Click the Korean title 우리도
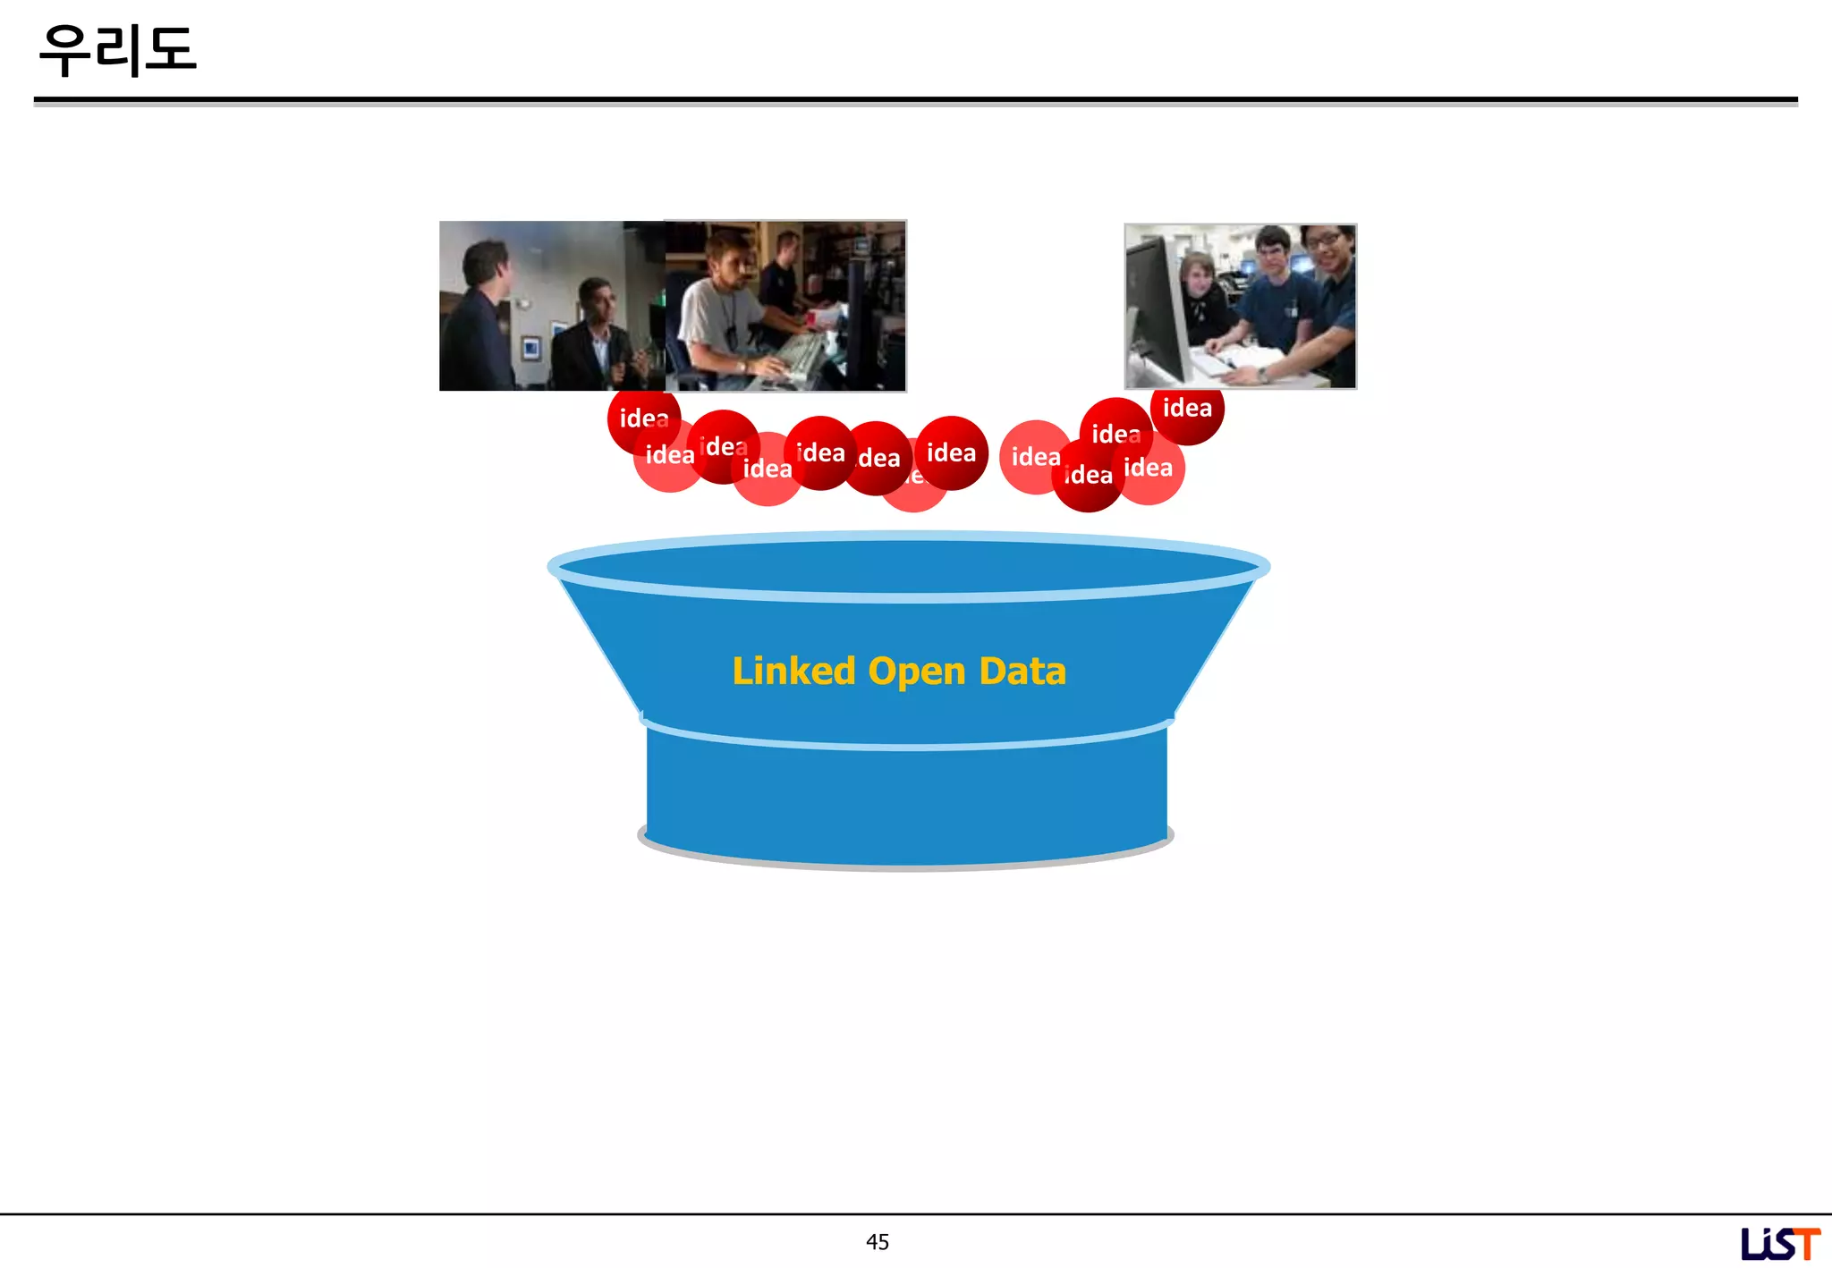[117, 50]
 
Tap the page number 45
[877, 1241]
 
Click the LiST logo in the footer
[1779, 1243]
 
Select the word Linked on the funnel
[793, 671]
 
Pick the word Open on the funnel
[917, 672]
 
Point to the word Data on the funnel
[1022, 671]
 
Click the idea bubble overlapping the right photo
[1187, 410]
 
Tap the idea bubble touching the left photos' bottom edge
[643, 418]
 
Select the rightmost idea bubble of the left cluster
[951, 452]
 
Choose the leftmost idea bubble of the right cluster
[1035, 457]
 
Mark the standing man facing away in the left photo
[479, 313]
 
